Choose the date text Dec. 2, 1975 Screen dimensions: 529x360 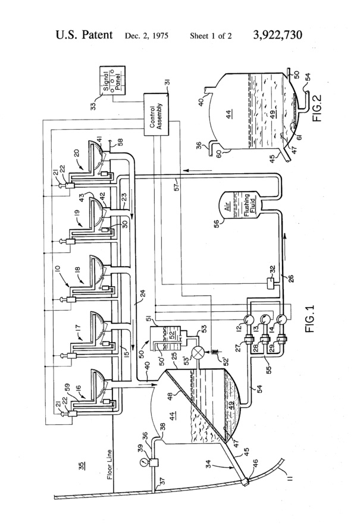tap(146, 36)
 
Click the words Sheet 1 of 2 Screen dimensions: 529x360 tap(211, 36)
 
